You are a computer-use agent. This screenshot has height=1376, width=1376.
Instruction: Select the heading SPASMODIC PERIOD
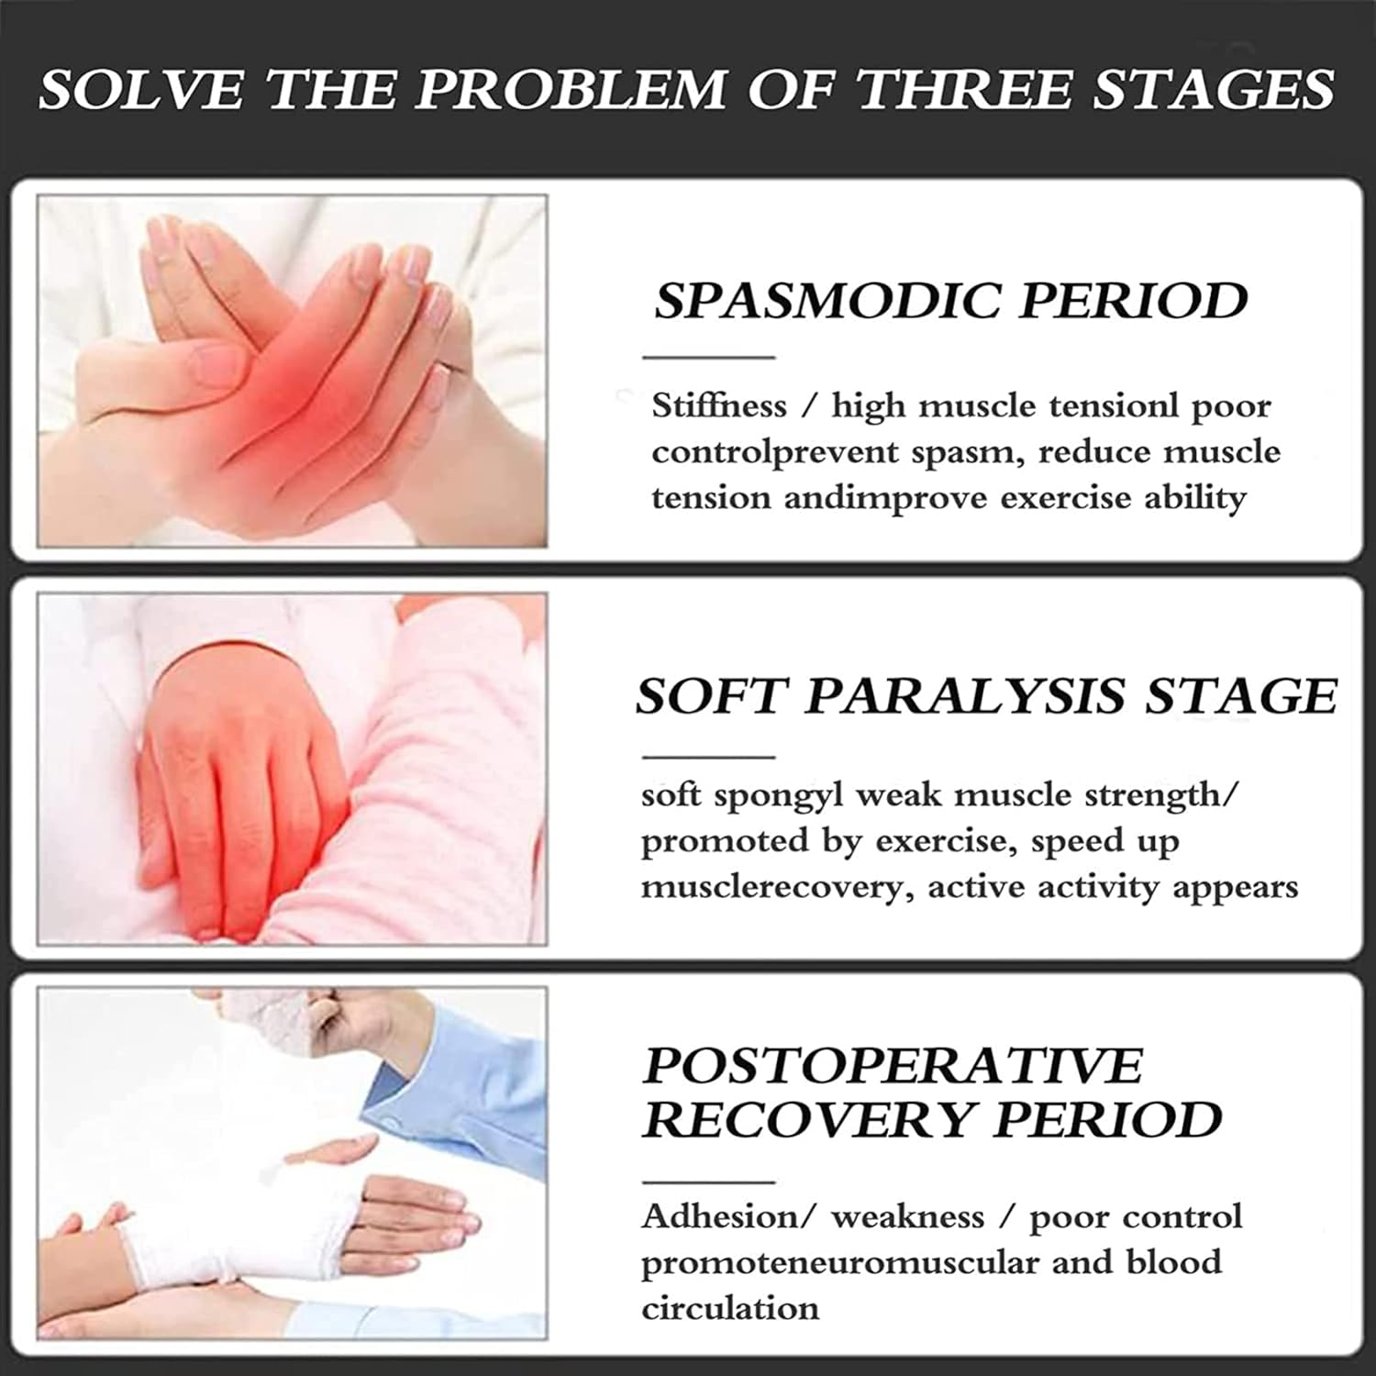[951, 300]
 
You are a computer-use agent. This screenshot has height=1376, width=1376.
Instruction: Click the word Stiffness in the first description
[719, 405]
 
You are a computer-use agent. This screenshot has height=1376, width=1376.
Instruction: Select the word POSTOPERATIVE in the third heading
[893, 1065]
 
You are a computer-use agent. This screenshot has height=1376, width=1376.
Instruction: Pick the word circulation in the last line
[730, 1307]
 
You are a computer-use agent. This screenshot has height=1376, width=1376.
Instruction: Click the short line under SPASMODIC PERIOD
[708, 357]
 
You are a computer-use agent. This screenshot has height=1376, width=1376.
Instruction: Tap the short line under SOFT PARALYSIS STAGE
[708, 758]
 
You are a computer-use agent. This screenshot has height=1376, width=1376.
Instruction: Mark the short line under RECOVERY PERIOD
[708, 1182]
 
